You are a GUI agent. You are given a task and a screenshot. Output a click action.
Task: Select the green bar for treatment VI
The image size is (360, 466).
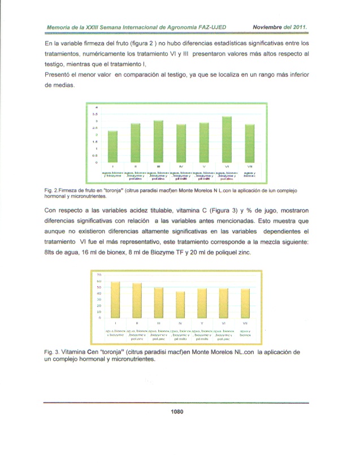point(226,139)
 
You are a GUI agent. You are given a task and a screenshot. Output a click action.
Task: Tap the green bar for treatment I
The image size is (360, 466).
point(113,146)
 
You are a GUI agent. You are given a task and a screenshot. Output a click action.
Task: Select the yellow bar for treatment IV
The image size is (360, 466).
point(180,304)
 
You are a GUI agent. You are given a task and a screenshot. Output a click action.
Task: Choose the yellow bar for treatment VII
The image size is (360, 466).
point(245,303)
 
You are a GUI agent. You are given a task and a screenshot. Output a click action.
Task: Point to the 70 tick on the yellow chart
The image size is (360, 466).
point(98,274)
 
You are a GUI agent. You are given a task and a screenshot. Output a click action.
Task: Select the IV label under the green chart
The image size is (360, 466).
point(181,167)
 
